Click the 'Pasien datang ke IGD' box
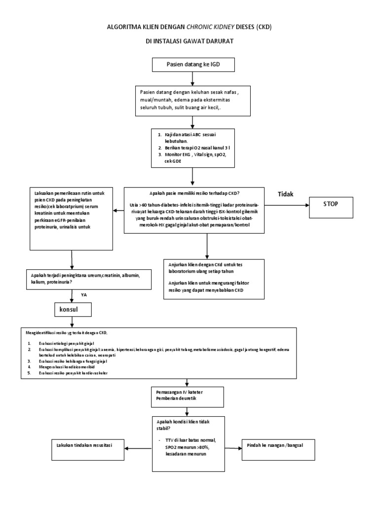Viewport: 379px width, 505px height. coord(189,65)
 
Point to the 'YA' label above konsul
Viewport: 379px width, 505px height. coord(84,294)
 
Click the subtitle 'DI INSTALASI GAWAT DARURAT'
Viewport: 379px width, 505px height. coord(189,42)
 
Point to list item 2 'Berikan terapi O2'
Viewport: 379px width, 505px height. coord(192,147)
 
